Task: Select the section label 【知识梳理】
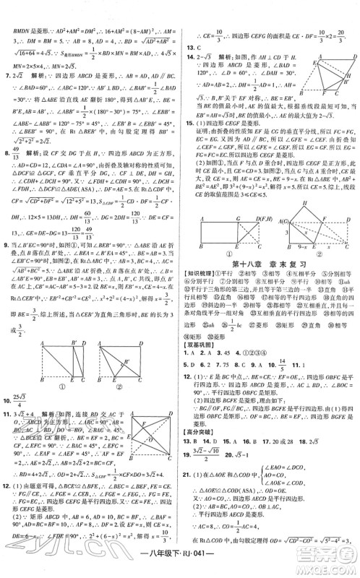204,274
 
